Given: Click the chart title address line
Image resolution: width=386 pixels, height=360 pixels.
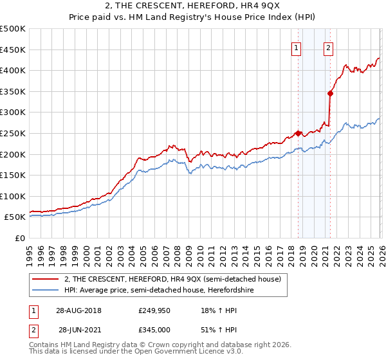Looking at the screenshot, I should coord(192,6).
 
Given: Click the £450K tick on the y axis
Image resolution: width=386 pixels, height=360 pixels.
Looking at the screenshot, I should coord(13,50).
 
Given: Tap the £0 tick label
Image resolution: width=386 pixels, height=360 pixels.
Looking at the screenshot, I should coord(20,239).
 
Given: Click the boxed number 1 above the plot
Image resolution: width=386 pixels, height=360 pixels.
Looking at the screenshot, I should coord(297,47).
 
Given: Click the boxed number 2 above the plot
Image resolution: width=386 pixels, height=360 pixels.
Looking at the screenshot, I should coord(328,47).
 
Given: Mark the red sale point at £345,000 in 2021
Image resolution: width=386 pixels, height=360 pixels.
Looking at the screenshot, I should coord(330,93).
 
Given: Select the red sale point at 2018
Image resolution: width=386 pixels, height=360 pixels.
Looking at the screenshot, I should coord(298,133).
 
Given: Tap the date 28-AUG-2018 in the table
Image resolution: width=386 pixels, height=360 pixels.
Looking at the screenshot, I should coord(78,310).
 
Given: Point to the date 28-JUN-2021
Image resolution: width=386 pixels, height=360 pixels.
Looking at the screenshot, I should coord(78,329).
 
